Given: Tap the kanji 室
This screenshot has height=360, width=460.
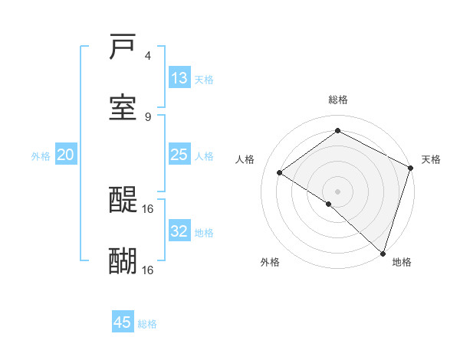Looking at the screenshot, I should click(123, 108).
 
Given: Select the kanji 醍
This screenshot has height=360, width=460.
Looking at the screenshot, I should click(123, 201).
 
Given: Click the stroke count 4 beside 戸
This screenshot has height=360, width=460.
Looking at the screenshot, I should click(148, 56).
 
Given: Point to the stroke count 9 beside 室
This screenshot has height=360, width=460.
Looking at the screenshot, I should click(148, 116).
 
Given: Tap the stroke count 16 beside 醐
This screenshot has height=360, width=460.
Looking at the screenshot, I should click(149, 270).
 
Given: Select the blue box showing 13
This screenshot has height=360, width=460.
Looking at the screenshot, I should click(179, 78).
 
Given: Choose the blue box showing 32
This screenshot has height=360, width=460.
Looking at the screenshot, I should click(179, 231).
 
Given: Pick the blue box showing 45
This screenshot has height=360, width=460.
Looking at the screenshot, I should click(123, 322).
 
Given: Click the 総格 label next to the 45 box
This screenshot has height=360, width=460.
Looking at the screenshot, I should click(148, 324).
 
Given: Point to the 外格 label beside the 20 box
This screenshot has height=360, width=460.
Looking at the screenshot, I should click(41, 156).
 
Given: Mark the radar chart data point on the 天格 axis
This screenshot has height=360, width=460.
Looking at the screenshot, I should click(411, 168).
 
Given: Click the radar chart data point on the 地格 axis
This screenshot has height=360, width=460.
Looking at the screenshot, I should click(383, 254).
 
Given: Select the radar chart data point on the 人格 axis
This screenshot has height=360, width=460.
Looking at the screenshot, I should click(280, 173).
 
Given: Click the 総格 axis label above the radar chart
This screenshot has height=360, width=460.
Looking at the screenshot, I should click(338, 100).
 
